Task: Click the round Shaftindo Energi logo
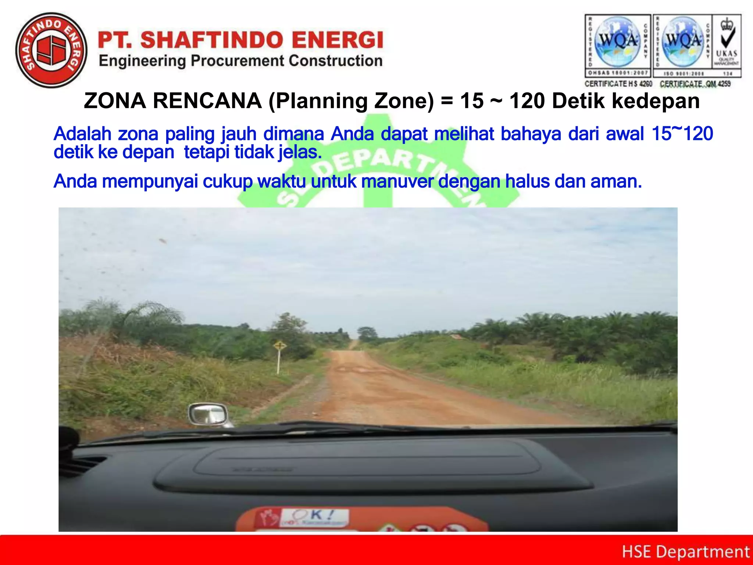51,50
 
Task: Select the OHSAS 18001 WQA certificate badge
618,46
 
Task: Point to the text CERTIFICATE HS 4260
618,84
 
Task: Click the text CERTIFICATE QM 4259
695,84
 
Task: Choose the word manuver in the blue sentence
397,181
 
